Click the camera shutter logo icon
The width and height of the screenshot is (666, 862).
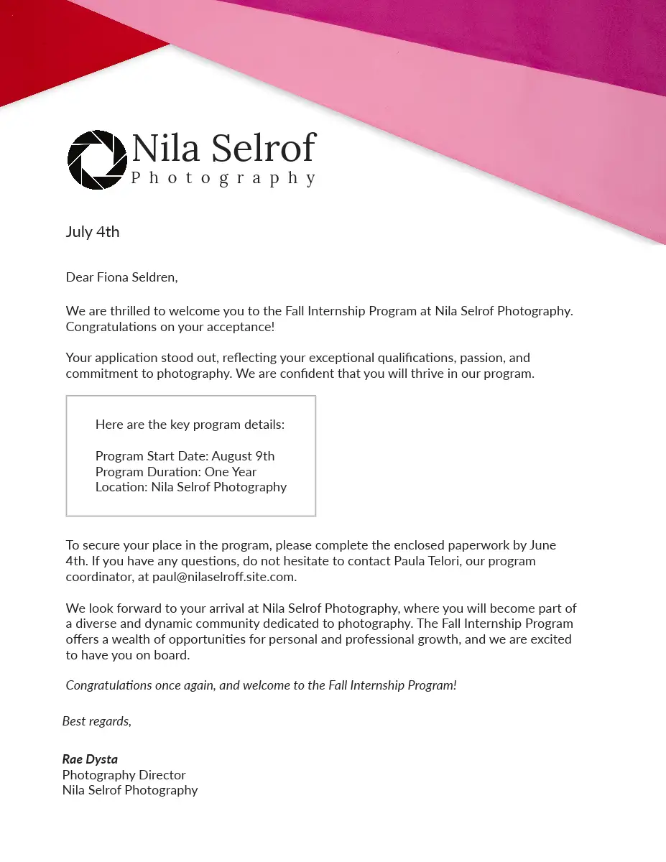click(x=97, y=159)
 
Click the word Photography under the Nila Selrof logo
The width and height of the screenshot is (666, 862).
click(x=223, y=178)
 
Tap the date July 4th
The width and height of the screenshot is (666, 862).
click(x=93, y=232)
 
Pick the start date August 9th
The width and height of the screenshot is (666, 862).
click(x=242, y=456)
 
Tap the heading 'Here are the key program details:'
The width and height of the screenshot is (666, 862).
click(x=190, y=425)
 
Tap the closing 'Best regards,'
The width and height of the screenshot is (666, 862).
click(x=97, y=721)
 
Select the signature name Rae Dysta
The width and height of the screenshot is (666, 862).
click(x=90, y=759)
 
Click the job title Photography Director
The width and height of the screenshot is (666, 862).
click(x=124, y=775)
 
